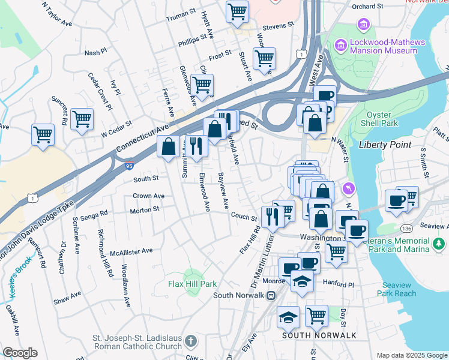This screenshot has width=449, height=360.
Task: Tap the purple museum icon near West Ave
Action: [x=341, y=45]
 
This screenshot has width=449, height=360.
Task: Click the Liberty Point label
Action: [x=385, y=145]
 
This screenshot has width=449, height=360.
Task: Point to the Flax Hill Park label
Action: [x=192, y=284]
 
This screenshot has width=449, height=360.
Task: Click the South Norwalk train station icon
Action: [x=271, y=295]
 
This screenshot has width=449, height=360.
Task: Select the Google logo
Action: [x=20, y=353]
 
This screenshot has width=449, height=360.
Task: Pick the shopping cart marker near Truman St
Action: [x=238, y=11]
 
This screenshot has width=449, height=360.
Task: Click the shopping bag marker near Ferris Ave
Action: [x=169, y=146]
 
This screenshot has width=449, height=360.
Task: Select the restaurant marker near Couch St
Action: [x=273, y=216]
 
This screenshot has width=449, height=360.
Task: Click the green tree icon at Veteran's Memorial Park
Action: [x=439, y=244]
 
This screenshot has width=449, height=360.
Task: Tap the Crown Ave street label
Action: [x=148, y=196]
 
